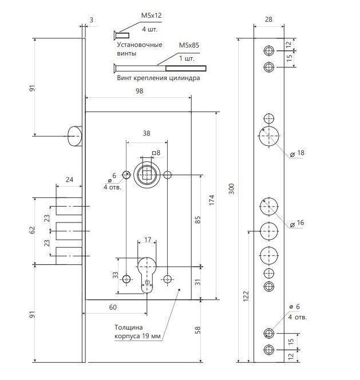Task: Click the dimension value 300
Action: tap(231, 189)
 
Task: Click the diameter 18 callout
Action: tap(297, 153)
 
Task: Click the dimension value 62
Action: tap(33, 230)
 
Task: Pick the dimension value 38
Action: tap(146, 133)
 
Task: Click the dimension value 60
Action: tap(113, 307)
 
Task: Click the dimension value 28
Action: tap(269, 19)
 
